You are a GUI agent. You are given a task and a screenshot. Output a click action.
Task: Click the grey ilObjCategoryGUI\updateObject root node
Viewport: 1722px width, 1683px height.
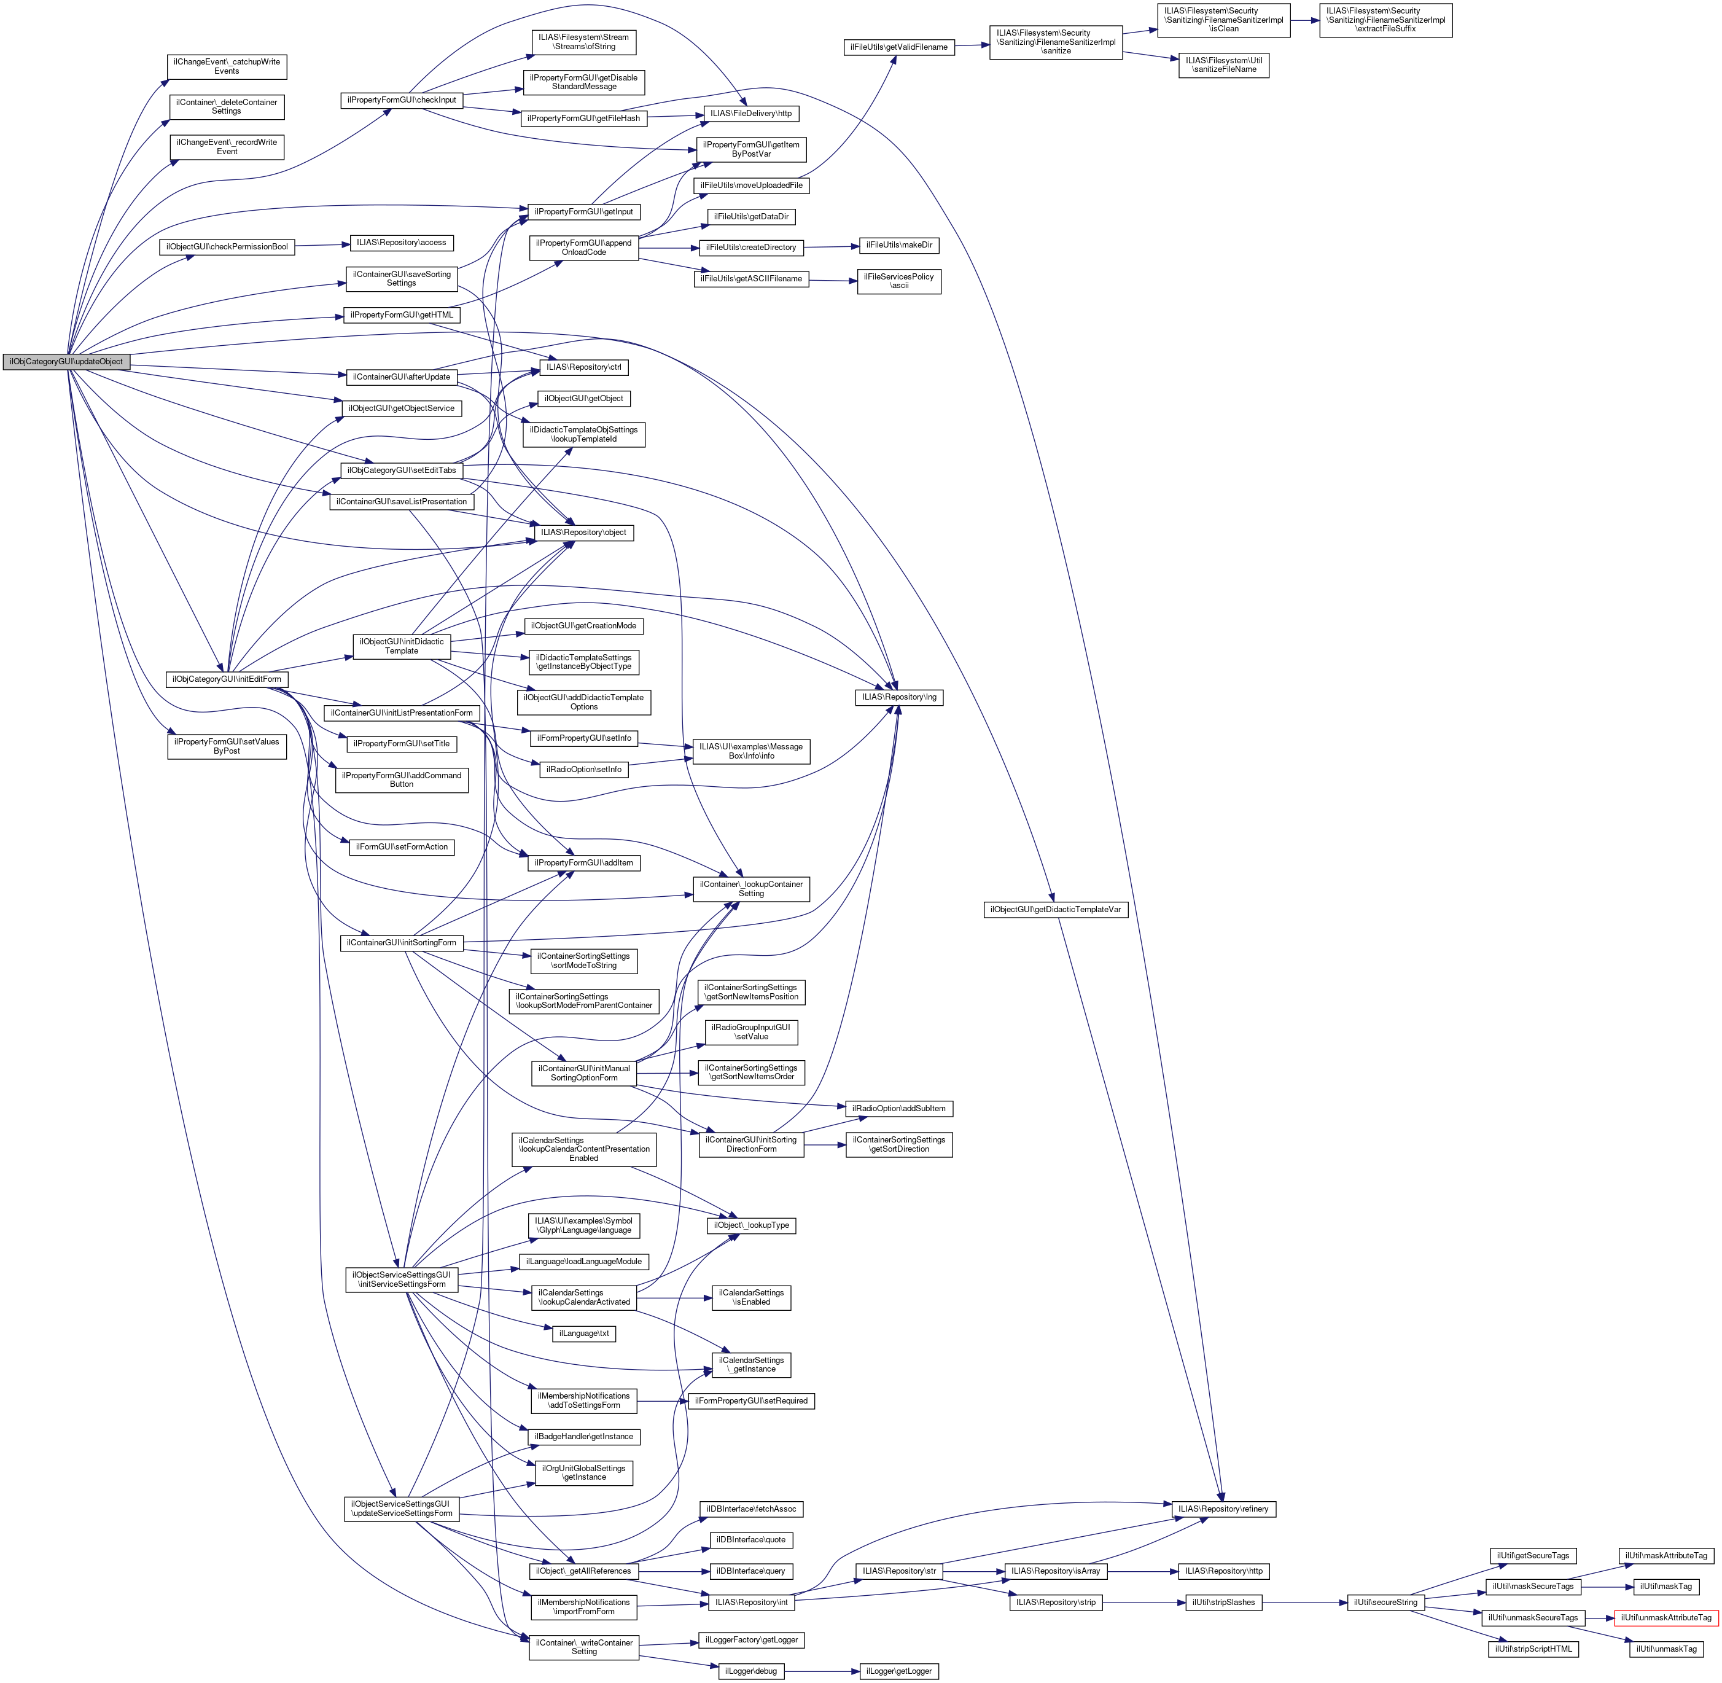click(66, 362)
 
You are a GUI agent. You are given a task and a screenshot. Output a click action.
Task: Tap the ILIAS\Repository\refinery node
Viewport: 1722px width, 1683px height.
click(1223, 1509)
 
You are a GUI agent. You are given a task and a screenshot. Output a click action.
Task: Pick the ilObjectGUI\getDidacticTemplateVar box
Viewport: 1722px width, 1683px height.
click(1056, 910)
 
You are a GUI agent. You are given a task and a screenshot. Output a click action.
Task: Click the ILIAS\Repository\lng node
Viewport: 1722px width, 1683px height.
click(900, 697)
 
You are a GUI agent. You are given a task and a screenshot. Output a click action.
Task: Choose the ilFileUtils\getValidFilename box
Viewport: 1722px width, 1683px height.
click(898, 47)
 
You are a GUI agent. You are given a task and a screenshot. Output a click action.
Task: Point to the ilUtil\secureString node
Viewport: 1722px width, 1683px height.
click(1384, 1603)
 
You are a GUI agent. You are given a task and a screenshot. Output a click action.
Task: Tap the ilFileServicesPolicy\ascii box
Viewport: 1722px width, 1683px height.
click(899, 281)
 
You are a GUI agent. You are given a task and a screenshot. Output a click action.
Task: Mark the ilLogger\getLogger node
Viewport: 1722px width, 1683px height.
click(899, 1671)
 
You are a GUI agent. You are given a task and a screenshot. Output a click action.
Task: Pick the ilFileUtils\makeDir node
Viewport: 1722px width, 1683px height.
click(899, 245)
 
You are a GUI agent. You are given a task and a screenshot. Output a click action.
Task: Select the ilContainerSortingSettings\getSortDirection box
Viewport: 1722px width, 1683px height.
click(899, 1145)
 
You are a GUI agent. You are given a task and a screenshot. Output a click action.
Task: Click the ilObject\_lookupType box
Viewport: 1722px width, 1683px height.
click(752, 1225)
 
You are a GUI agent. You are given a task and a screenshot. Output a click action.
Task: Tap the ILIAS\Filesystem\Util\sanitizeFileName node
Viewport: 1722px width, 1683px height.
click(1223, 64)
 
